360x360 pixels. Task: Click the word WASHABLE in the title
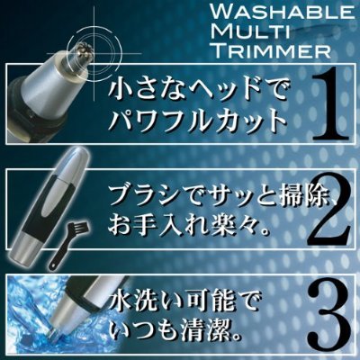[x=281, y=13]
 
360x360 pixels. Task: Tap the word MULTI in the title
[x=250, y=31]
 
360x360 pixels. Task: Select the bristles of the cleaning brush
[x=77, y=222]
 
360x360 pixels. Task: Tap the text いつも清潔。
[x=176, y=332]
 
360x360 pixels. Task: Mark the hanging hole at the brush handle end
[x=53, y=264]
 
